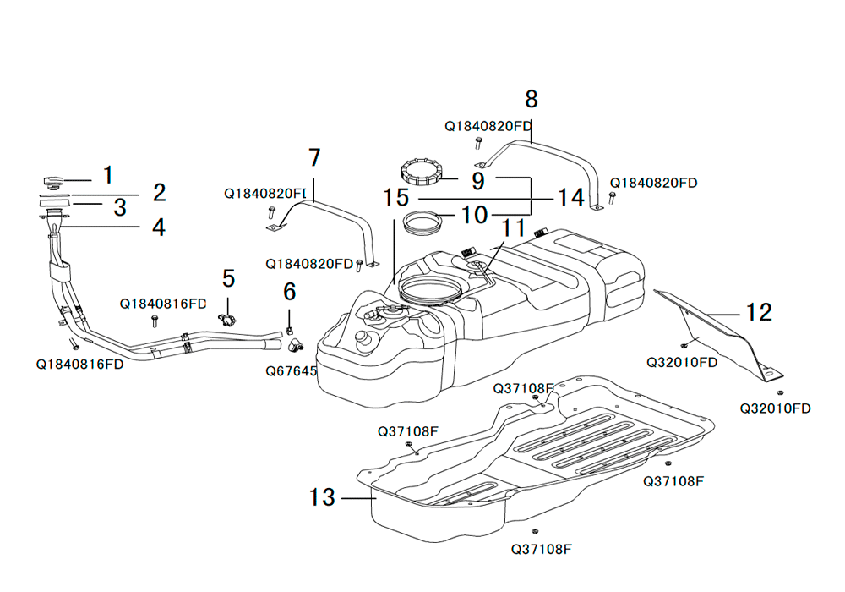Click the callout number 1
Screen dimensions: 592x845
pyautogui.click(x=108, y=175)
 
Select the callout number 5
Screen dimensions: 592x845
pyautogui.click(x=228, y=277)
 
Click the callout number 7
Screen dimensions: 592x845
pyautogui.click(x=314, y=157)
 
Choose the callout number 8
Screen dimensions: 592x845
pyautogui.click(x=531, y=99)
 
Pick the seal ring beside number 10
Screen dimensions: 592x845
pyautogui.click(x=423, y=224)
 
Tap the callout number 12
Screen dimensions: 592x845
pyautogui.click(x=759, y=312)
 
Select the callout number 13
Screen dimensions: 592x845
pyautogui.click(x=322, y=497)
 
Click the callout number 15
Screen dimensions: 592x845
pyautogui.click(x=395, y=198)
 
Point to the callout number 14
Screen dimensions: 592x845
pyautogui.click(x=570, y=198)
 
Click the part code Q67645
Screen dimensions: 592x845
pyautogui.click(x=292, y=370)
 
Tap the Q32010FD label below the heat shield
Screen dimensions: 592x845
pyautogui.click(x=775, y=408)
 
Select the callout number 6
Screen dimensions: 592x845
pyautogui.click(x=290, y=292)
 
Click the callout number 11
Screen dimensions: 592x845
pyautogui.click(x=513, y=227)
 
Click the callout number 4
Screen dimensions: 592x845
pyautogui.click(x=158, y=227)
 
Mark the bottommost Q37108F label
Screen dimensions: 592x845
pyautogui.click(x=542, y=548)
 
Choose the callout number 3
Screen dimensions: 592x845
pyautogui.click(x=120, y=206)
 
